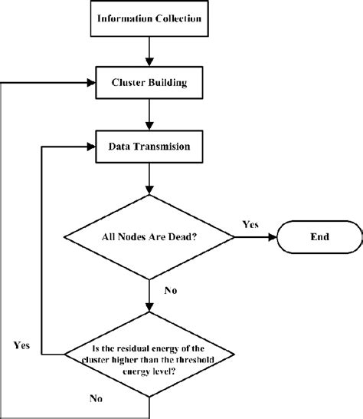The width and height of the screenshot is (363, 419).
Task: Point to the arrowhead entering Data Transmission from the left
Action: (88, 144)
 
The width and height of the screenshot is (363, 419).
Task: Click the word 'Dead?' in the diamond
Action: (184, 237)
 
